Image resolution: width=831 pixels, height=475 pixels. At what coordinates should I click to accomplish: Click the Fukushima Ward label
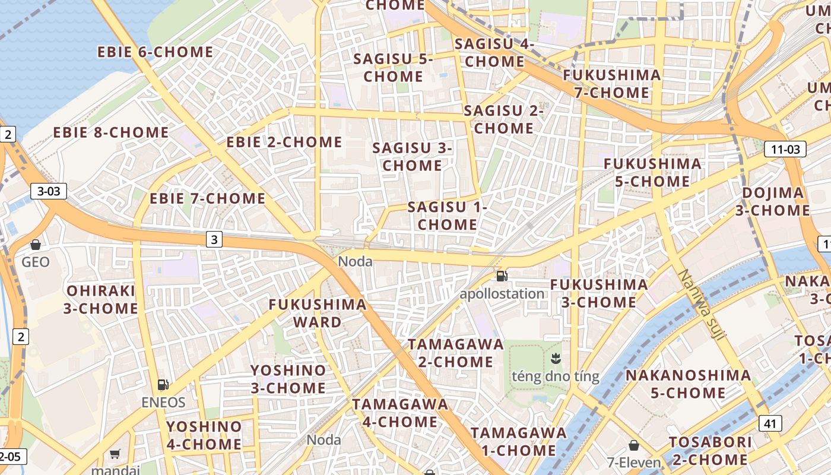pyautogui.click(x=318, y=313)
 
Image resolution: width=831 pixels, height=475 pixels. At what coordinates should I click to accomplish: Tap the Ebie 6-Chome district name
pyautogui.click(x=156, y=52)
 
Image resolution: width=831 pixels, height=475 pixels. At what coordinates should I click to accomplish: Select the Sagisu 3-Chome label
pyautogui.click(x=413, y=157)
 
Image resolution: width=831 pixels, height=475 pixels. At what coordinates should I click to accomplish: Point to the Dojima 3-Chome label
pyautogui.click(x=773, y=202)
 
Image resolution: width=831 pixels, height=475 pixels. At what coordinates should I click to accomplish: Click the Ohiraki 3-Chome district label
pyautogui.click(x=102, y=300)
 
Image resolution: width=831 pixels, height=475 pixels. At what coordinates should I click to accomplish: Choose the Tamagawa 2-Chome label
pyautogui.click(x=456, y=353)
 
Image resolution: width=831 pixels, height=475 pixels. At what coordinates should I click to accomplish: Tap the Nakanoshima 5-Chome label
pyautogui.click(x=688, y=384)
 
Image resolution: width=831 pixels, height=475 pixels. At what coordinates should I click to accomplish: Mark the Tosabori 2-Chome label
pyautogui.click(x=711, y=451)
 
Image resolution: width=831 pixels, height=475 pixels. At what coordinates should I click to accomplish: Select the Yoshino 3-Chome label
pyautogui.click(x=288, y=379)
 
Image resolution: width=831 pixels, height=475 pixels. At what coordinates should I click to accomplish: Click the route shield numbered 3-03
pyautogui.click(x=49, y=191)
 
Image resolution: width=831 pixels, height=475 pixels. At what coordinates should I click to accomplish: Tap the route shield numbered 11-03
pyautogui.click(x=785, y=149)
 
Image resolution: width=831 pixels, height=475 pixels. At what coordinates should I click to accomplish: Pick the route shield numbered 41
pyautogui.click(x=770, y=423)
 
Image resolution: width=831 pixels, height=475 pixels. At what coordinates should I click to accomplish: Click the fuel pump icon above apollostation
pyautogui.click(x=502, y=275)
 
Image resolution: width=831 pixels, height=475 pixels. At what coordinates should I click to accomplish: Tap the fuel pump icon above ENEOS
pyautogui.click(x=163, y=385)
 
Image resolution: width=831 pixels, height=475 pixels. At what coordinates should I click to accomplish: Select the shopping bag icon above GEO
pyautogui.click(x=36, y=245)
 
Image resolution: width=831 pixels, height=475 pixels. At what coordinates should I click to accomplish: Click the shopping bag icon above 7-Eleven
pyautogui.click(x=634, y=445)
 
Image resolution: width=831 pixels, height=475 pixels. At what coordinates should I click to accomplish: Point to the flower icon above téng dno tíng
pyautogui.click(x=556, y=358)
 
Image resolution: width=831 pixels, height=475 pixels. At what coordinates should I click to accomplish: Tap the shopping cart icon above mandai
pyautogui.click(x=115, y=454)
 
